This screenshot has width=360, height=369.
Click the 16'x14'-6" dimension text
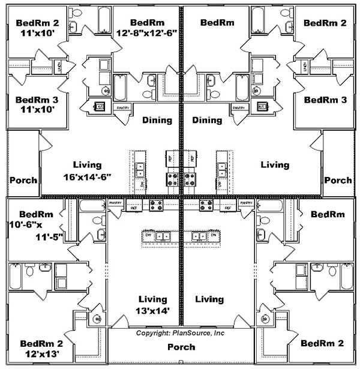click(x=87, y=178)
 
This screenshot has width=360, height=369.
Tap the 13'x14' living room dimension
click(x=152, y=310)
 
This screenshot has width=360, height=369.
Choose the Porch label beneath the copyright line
click(x=181, y=347)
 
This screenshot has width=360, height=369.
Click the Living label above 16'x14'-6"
click(x=87, y=164)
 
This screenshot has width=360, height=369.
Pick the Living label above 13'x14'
click(x=152, y=299)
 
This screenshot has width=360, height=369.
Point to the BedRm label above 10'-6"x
click(x=36, y=214)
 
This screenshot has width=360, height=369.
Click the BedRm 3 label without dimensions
click(x=325, y=100)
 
